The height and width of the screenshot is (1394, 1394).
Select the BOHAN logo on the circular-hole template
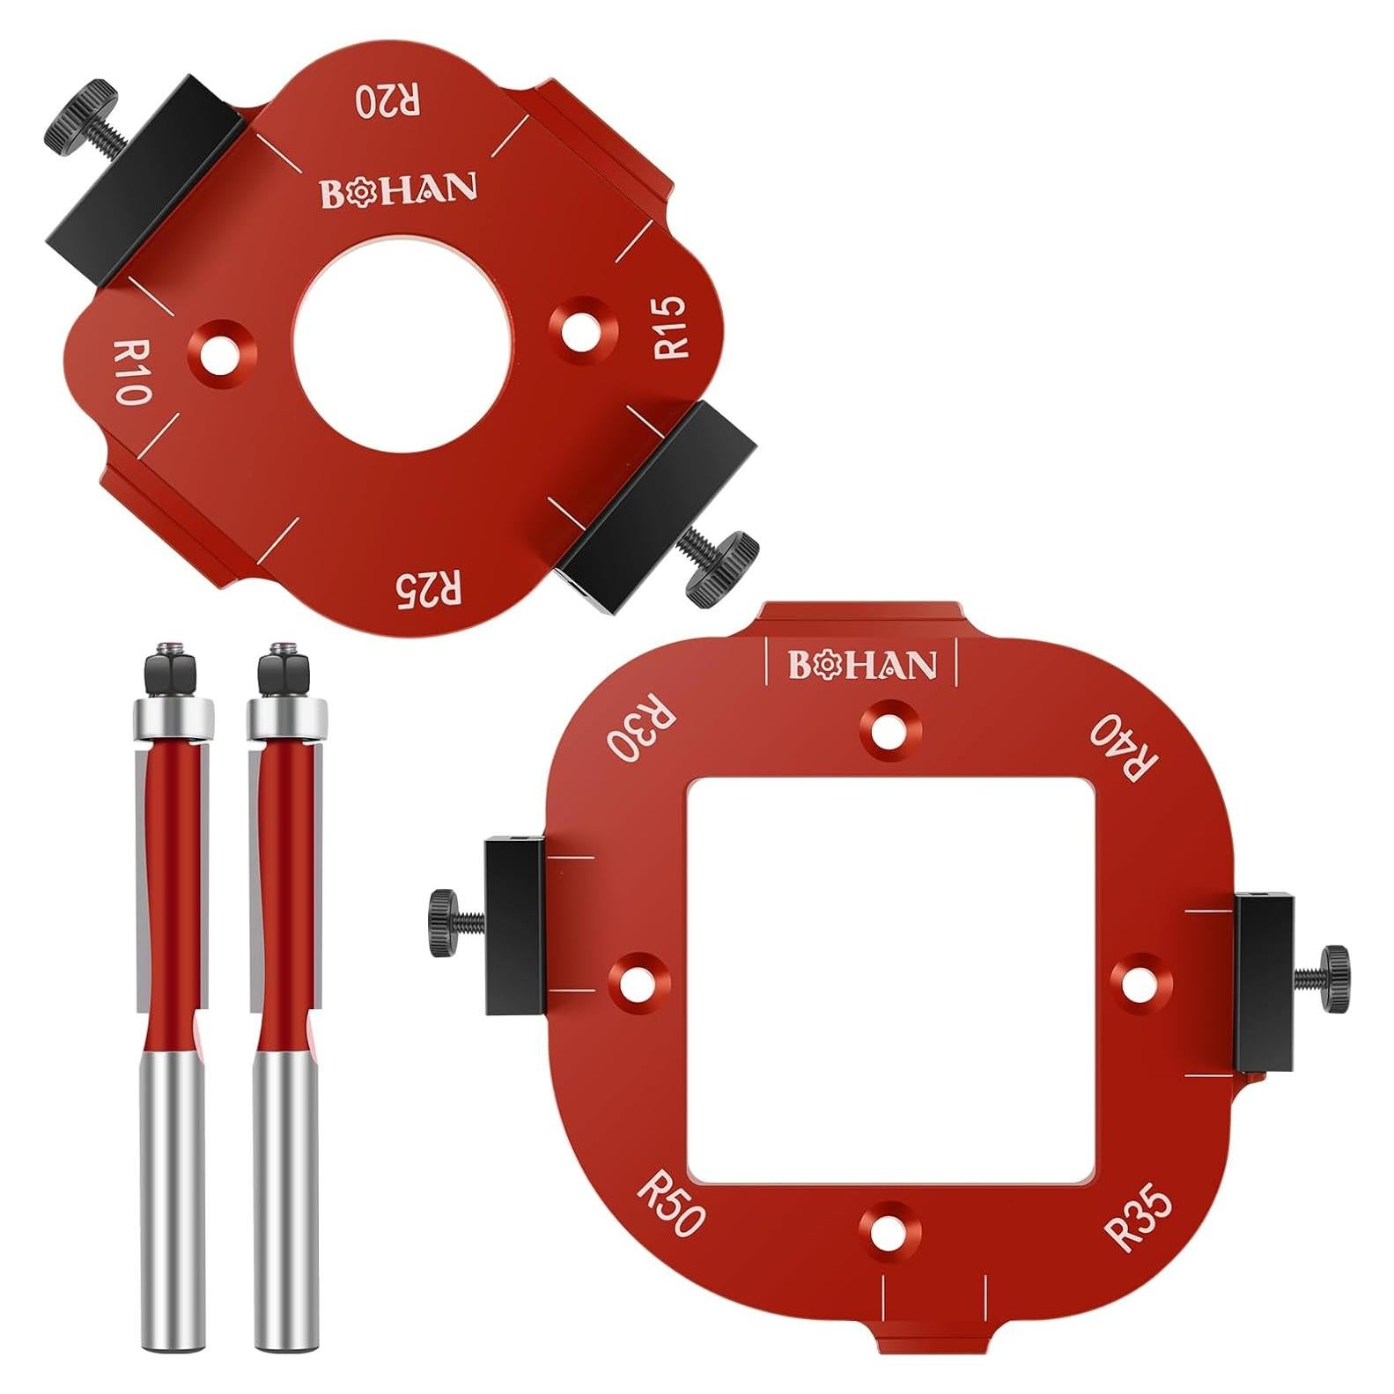pyautogui.click(x=398, y=190)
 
